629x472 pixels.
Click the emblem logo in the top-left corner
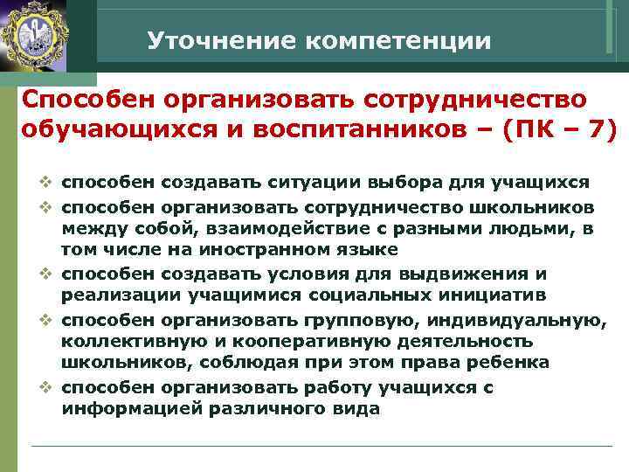[x=37, y=36]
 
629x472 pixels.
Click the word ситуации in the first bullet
[x=313, y=183]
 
